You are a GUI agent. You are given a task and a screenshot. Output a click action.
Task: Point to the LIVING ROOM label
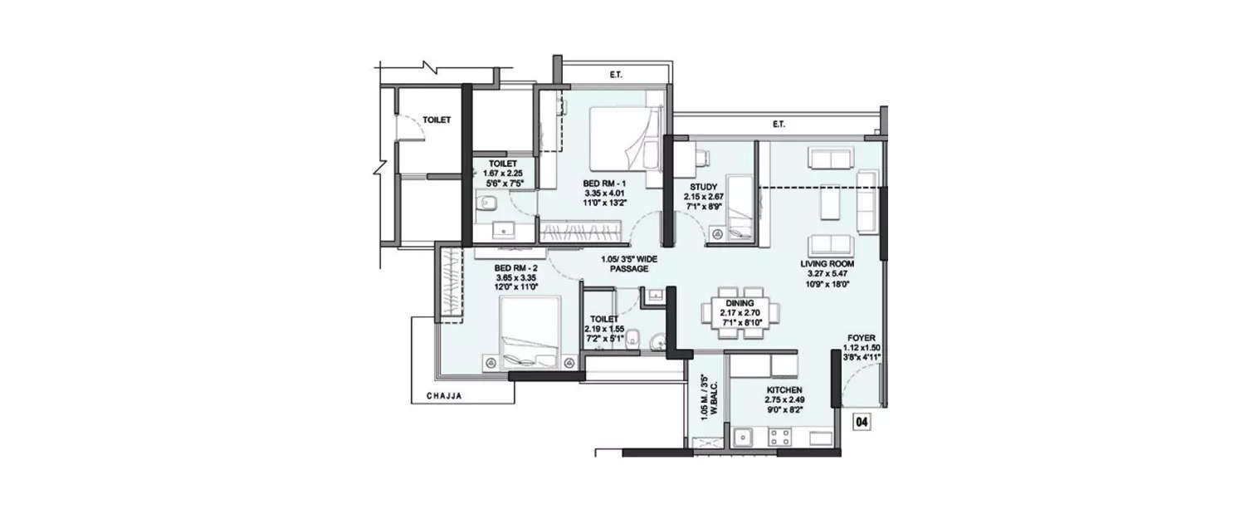[827, 263]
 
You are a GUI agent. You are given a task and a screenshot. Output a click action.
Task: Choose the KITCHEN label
[784, 389]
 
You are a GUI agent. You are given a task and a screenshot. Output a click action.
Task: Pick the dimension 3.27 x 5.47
[827, 273]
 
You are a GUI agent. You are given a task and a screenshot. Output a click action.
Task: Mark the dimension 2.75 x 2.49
[784, 399]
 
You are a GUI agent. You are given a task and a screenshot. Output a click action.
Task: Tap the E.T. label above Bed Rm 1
[616, 76]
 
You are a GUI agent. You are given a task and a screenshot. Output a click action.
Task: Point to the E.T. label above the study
[779, 125]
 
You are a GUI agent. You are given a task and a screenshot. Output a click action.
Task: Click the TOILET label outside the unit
[437, 120]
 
